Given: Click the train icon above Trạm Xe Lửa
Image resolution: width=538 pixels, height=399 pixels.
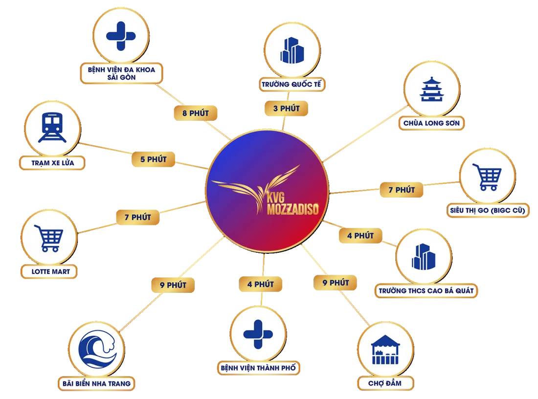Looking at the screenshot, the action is click(52, 127).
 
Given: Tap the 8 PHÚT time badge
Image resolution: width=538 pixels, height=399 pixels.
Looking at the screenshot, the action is click(196, 113).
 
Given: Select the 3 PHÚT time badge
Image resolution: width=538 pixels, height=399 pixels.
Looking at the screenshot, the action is click(286, 109).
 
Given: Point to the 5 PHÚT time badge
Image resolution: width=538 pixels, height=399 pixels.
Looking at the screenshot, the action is click(154, 159).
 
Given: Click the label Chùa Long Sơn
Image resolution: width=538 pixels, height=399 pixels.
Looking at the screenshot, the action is click(431, 123).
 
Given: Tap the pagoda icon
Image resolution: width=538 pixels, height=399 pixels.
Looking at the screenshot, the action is click(432, 89).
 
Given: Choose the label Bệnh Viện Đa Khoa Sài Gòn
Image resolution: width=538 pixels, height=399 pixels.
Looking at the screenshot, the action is click(121, 73).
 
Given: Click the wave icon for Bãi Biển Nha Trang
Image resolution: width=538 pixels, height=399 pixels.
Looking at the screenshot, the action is click(97, 349).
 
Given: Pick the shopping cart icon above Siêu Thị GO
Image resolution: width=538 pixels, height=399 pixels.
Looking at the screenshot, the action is click(487, 177).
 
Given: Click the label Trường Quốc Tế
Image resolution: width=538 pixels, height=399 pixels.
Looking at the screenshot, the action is click(291, 85).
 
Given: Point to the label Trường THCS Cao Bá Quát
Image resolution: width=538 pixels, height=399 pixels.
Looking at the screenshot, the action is click(426, 291).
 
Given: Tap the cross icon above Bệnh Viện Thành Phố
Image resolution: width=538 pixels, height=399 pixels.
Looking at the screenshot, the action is click(258, 334).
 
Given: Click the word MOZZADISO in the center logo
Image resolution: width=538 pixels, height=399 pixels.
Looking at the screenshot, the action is click(292, 209).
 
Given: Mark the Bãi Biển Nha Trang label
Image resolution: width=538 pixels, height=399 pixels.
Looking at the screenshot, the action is click(96, 383).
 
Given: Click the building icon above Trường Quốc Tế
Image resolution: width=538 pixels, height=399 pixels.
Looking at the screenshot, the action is click(292, 50).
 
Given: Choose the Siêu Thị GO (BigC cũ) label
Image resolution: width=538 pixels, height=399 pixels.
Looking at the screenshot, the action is click(488, 210).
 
